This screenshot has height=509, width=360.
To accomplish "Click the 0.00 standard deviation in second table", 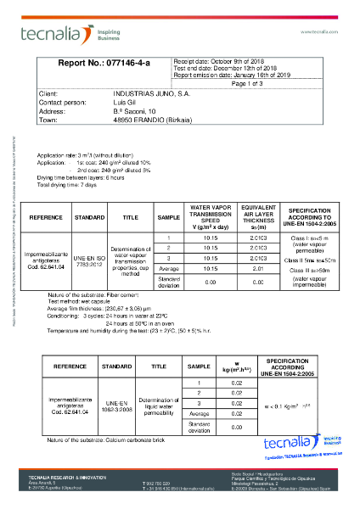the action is point(237,427).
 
